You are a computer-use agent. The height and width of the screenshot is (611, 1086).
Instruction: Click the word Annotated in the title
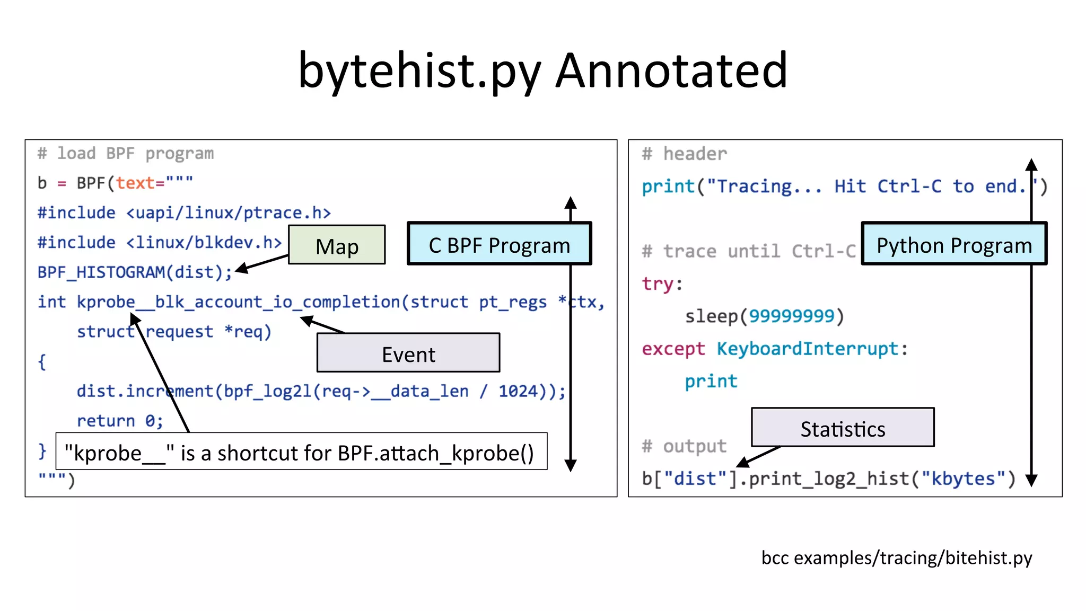(671, 70)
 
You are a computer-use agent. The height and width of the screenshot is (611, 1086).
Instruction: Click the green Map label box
(337, 245)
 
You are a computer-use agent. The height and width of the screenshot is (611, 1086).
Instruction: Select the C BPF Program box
(499, 244)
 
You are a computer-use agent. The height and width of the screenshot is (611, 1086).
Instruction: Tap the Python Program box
(954, 244)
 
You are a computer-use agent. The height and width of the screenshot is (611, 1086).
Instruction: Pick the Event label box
(408, 353)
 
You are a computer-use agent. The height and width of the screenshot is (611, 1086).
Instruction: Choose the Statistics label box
(843, 428)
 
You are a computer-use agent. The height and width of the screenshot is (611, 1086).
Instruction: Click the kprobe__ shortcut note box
(301, 452)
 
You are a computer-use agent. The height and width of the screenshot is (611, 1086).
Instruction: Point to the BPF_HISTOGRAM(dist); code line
(135, 272)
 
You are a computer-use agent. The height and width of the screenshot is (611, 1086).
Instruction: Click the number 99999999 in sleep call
(791, 316)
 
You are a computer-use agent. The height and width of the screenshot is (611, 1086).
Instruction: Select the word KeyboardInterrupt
(807, 349)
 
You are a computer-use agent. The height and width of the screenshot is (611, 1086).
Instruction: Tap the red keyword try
(658, 284)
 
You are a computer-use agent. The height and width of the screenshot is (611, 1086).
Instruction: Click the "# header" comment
(684, 154)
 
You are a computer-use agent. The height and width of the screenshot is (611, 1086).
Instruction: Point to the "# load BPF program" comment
(126, 154)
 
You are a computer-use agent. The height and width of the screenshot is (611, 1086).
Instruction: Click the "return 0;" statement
(120, 421)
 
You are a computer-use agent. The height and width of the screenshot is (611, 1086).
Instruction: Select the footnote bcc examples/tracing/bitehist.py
(896, 557)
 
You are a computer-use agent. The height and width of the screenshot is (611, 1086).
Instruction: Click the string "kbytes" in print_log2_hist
(962, 479)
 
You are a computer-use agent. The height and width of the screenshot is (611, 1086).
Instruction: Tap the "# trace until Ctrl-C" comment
(749, 251)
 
